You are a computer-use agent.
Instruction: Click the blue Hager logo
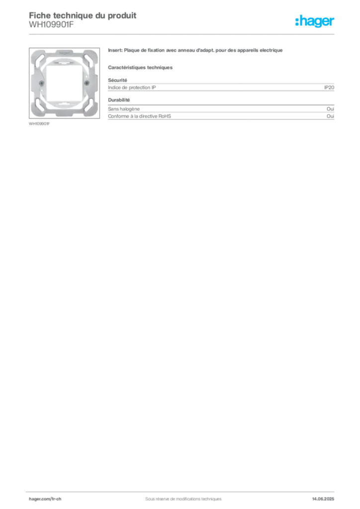[315, 21]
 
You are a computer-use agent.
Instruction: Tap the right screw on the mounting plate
[87, 81]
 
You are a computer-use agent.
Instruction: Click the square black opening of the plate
[63, 82]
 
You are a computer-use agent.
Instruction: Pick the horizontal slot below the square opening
[63, 100]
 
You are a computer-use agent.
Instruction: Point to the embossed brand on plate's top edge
[63, 51]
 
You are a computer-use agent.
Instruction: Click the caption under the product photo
[40, 124]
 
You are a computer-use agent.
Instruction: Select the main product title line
[196, 51]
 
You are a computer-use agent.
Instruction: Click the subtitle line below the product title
[141, 67]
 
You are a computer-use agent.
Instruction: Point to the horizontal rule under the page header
[183, 34]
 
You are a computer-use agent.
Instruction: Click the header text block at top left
[82, 19]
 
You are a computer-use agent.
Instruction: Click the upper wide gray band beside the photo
[234, 87]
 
